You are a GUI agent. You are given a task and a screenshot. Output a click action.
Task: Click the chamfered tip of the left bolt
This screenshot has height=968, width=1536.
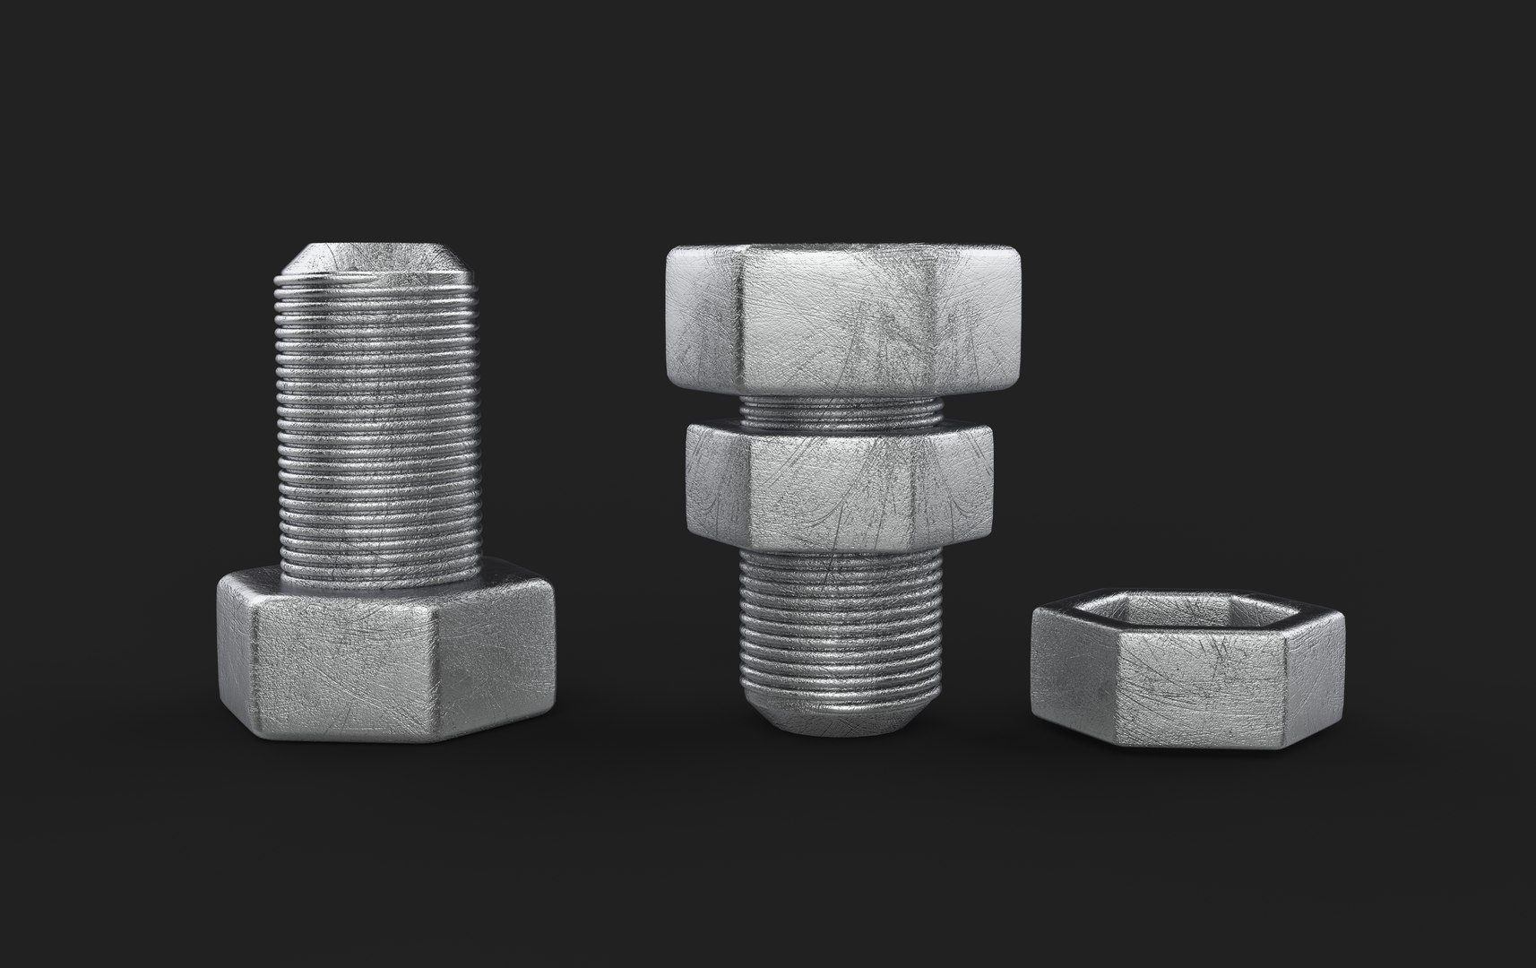pos(376,260)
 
